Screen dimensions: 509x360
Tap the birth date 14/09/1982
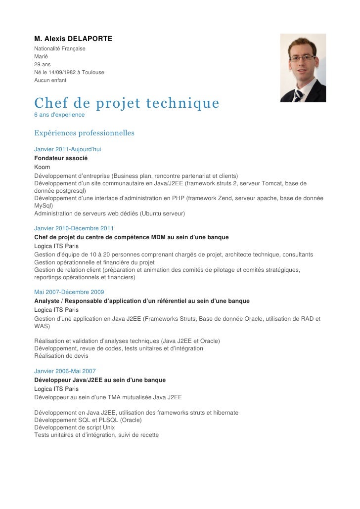58,72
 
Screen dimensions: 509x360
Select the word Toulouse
93,72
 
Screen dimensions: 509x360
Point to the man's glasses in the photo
302,58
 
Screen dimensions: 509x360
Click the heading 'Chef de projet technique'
126,103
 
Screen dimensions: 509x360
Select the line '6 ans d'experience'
59,115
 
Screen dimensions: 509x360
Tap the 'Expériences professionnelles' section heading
84,133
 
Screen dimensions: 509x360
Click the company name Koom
42,167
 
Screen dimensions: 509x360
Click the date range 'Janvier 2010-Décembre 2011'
74,228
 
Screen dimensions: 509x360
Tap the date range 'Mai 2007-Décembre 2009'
69,292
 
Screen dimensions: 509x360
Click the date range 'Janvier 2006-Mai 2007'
65,371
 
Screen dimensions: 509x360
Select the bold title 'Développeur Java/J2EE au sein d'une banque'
100,380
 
